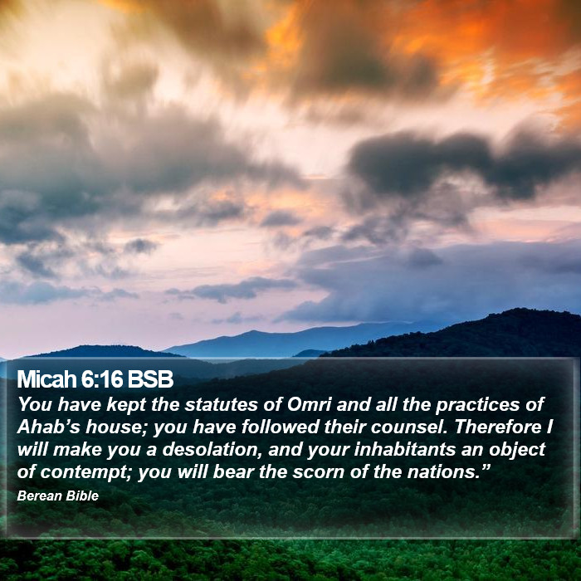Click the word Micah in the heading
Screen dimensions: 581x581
click(46, 379)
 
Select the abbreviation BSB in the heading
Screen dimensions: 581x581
click(150, 379)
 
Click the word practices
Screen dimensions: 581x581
click(478, 405)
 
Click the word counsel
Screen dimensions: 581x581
click(409, 427)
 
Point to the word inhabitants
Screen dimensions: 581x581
click(405, 450)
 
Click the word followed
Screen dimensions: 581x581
click(281, 427)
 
